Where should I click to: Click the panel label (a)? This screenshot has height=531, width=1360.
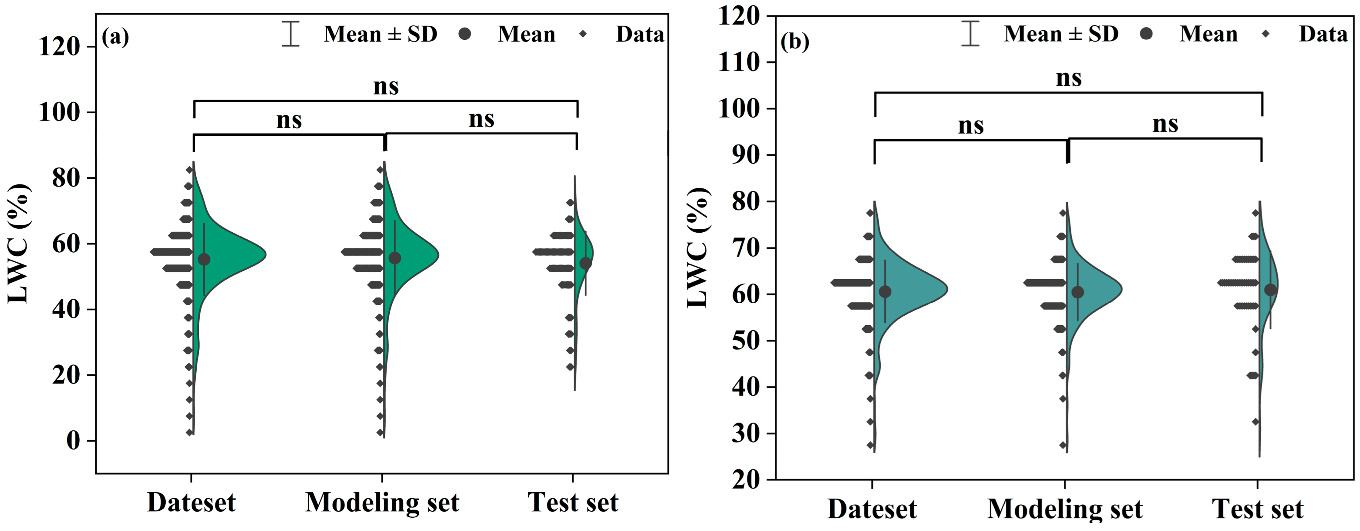[x=115, y=37]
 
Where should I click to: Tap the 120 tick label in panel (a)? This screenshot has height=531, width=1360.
[x=59, y=47]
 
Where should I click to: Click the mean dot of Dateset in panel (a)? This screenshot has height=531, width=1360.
[x=204, y=259]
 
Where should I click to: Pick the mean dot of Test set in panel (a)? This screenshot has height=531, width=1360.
[x=586, y=263]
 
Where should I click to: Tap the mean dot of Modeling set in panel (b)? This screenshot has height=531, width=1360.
[x=1077, y=292]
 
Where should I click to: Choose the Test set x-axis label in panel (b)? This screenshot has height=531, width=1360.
[x=1257, y=509]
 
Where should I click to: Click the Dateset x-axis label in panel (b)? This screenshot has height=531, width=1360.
[x=872, y=509]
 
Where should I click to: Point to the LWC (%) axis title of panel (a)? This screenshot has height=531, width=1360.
[x=19, y=244]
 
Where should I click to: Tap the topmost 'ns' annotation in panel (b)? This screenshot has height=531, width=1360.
[x=1069, y=78]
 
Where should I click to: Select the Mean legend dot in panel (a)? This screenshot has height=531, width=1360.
[x=465, y=34]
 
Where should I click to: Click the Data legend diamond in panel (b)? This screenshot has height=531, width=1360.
[x=1266, y=34]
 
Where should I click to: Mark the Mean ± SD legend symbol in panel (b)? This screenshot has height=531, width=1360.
[x=970, y=34]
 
